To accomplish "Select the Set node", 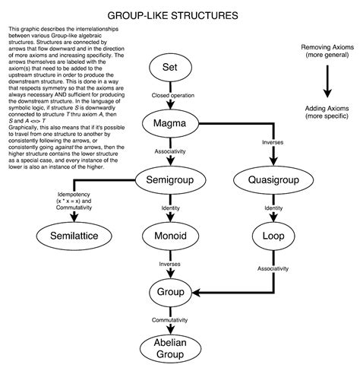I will (x=170, y=69).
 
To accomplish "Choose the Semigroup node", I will (x=170, y=180).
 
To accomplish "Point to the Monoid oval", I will (x=170, y=236).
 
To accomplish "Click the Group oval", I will (x=170, y=292).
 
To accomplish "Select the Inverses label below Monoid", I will (x=170, y=264).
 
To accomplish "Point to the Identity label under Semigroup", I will (x=170, y=208).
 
